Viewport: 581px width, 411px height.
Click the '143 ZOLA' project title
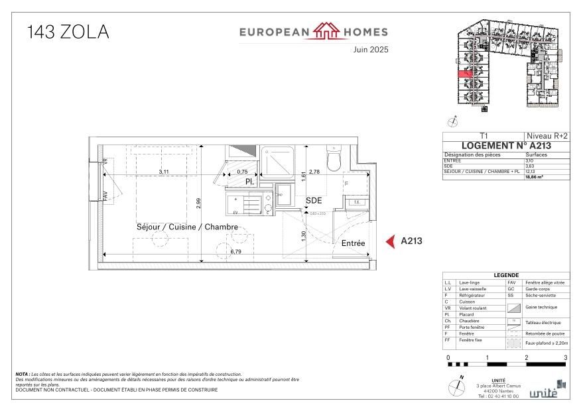(x=68, y=31)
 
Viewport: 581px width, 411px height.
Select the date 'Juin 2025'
(x=370, y=50)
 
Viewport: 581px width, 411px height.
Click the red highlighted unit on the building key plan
(x=464, y=75)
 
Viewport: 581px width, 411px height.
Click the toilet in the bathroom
(x=334, y=159)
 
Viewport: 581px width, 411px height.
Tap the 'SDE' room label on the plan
(x=314, y=201)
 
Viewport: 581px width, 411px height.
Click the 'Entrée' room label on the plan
(x=353, y=243)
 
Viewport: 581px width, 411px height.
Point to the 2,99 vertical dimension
(x=198, y=204)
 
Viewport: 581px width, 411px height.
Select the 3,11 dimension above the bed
(x=163, y=172)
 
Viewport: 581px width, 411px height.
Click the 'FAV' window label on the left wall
(x=104, y=196)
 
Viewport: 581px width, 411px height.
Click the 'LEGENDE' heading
(x=506, y=276)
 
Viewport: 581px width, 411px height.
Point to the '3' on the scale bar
(x=565, y=357)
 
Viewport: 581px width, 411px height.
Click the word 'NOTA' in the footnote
(x=22, y=375)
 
